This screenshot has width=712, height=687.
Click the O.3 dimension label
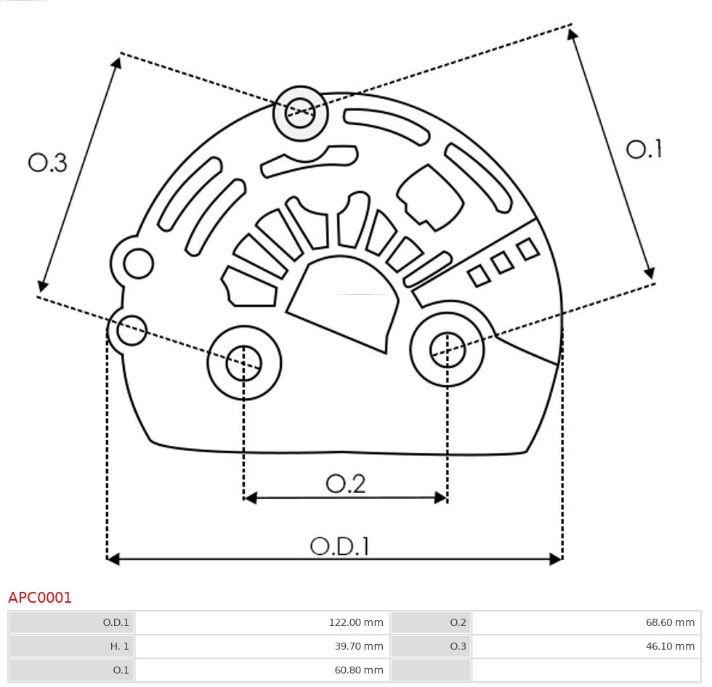coord(48,163)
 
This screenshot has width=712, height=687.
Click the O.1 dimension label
coord(644,150)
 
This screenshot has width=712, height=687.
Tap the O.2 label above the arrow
coord(345,484)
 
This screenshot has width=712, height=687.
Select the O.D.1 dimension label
coord(340,546)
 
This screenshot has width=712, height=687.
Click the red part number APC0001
coord(40,598)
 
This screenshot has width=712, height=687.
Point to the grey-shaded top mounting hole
coord(300,113)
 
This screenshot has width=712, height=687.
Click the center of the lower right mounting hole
coord(448,351)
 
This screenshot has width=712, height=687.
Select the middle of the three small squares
coord(502,262)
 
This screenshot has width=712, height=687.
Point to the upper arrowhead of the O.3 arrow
coord(116,63)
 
